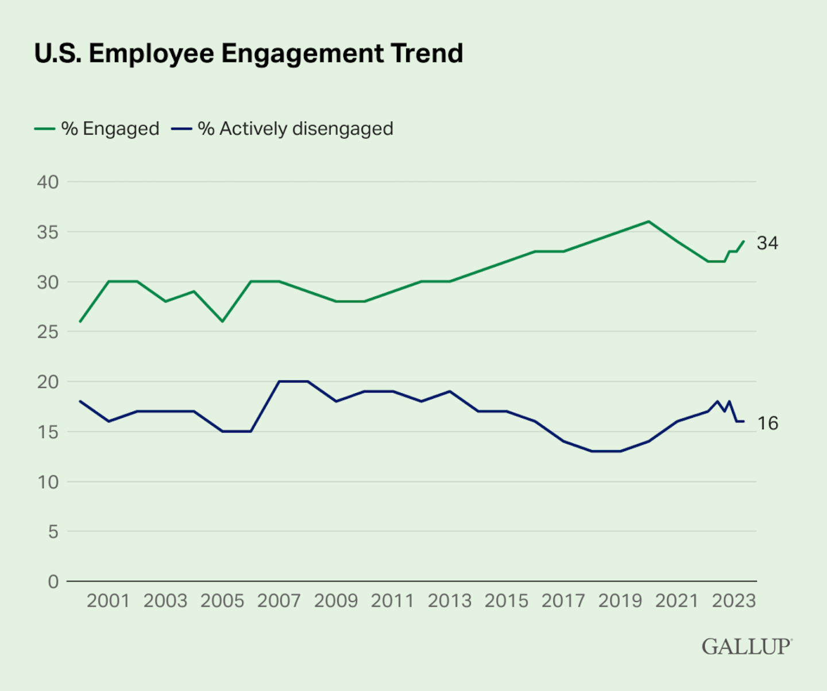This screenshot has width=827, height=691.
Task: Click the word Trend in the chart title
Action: click(427, 53)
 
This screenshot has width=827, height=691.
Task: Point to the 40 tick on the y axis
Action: click(48, 182)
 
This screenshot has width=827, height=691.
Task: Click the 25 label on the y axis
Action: click(48, 332)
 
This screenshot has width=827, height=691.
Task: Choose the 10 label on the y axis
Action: click(48, 482)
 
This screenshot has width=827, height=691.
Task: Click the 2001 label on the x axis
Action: click(108, 601)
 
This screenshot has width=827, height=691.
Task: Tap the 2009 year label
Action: click(336, 601)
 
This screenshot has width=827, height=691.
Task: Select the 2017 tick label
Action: click(563, 601)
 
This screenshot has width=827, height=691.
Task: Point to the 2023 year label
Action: click(733, 601)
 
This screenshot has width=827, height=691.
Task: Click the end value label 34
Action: click(767, 243)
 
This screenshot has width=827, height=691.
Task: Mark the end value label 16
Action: click(767, 424)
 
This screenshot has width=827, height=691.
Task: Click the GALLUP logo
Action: click(747, 647)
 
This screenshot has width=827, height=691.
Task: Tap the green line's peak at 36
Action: click(648, 222)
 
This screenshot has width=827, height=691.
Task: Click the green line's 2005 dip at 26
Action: click(222, 321)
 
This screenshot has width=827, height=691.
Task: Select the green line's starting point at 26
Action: click(80, 321)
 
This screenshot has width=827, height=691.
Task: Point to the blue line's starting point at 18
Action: click(80, 401)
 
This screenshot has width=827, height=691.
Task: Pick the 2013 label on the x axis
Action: click(449, 601)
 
